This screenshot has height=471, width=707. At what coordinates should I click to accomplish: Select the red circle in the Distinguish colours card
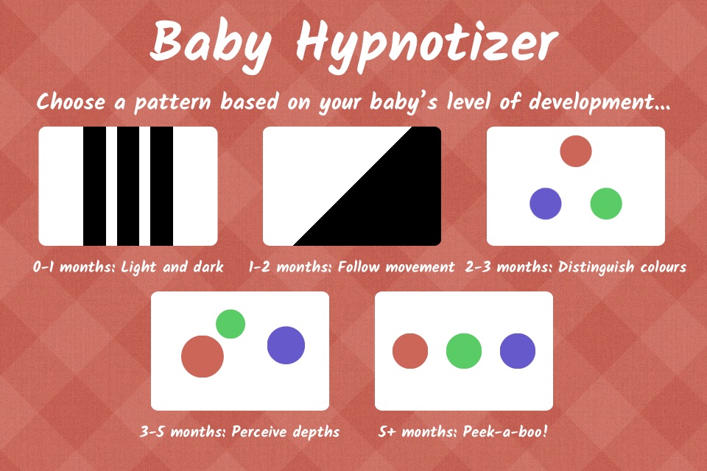click(x=576, y=151)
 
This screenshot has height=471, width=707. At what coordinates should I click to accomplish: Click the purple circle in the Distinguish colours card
click(x=546, y=204)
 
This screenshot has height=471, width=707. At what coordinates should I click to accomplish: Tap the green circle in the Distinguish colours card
click(x=606, y=204)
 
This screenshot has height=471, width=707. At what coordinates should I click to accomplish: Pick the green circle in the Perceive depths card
click(x=231, y=324)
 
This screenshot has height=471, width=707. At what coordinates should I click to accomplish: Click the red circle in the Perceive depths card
click(x=203, y=356)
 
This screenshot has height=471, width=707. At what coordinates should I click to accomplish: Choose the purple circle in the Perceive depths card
click(x=286, y=345)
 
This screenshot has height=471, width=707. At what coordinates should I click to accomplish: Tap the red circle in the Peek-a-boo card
click(x=410, y=351)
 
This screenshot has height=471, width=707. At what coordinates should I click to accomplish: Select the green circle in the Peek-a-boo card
click(x=464, y=351)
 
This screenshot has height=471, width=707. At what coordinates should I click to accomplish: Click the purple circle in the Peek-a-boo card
click(x=518, y=351)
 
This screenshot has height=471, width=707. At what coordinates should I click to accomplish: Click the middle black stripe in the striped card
click(x=128, y=186)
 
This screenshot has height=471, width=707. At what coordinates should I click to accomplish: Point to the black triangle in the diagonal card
click(x=388, y=203)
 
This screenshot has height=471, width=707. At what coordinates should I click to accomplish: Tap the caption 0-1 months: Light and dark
click(x=128, y=267)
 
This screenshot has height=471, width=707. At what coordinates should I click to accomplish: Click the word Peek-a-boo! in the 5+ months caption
click(x=505, y=432)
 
